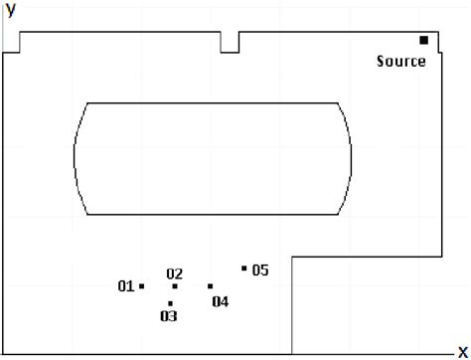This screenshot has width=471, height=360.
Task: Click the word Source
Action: (x=401, y=62)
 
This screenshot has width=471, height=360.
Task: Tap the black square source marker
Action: (x=423, y=40)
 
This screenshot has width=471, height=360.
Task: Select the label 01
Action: (x=125, y=286)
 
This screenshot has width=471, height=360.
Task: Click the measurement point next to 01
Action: (x=142, y=286)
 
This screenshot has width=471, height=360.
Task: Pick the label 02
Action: (x=175, y=273)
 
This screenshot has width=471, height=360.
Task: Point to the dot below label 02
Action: (x=175, y=286)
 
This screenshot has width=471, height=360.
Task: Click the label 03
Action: (x=168, y=316)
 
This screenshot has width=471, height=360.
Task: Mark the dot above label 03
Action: (x=171, y=303)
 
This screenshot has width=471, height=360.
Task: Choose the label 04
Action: (x=220, y=301)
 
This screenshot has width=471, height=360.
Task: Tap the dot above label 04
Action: (x=210, y=286)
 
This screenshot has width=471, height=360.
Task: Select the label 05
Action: (x=259, y=270)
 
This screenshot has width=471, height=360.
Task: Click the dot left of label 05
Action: (x=244, y=269)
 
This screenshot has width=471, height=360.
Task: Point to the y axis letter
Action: (x=10, y=11)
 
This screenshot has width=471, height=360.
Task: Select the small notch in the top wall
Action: (x=230, y=42)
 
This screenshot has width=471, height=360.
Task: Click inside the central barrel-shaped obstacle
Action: (x=214, y=158)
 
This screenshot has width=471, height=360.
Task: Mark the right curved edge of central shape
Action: (x=352, y=158)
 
